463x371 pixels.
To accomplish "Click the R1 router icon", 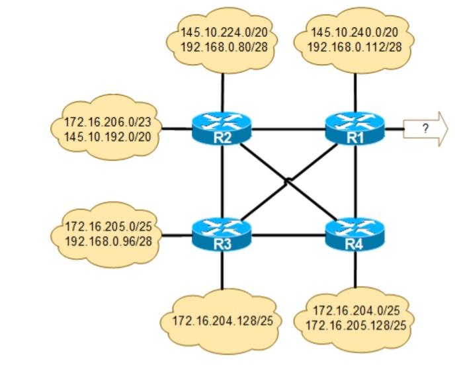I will pyautogui.click(x=356, y=128).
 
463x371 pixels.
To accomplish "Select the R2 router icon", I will pyautogui.click(x=222, y=128).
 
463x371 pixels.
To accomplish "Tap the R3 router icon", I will pyautogui.click(x=222, y=235).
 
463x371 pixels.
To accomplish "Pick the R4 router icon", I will pyautogui.click(x=356, y=235).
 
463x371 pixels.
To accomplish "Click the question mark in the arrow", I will pyautogui.click(x=425, y=128).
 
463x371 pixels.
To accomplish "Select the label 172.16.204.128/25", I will pyautogui.click(x=222, y=321).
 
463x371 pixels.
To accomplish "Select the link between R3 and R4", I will pyautogui.click(x=289, y=235).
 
